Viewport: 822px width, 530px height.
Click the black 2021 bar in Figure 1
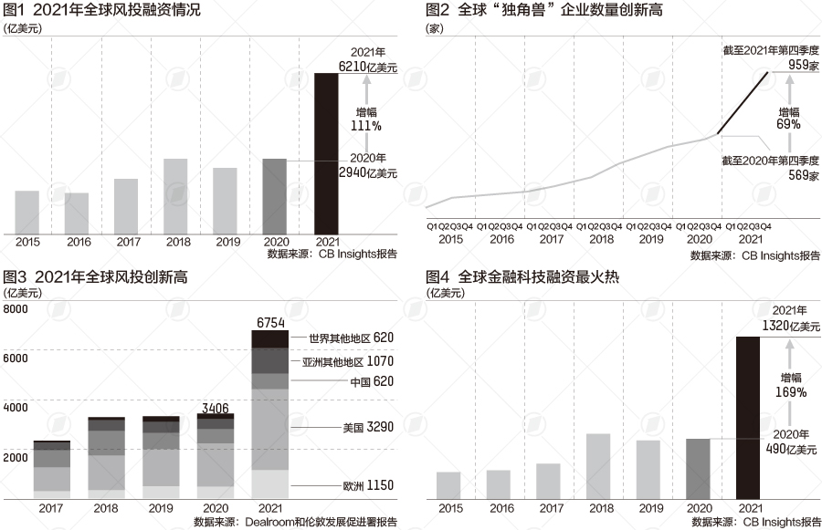(x=326, y=153)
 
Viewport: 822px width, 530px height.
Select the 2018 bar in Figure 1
(x=175, y=196)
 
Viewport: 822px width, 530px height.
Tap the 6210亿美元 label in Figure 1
(x=369, y=67)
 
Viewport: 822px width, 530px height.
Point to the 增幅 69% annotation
(x=789, y=117)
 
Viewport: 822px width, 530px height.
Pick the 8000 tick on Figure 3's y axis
(x=16, y=310)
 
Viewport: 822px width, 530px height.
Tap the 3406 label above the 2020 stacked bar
(x=216, y=407)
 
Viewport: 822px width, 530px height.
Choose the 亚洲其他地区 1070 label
(x=348, y=361)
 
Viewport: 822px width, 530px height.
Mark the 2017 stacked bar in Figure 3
(x=52, y=470)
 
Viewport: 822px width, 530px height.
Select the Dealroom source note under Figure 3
(x=295, y=522)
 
